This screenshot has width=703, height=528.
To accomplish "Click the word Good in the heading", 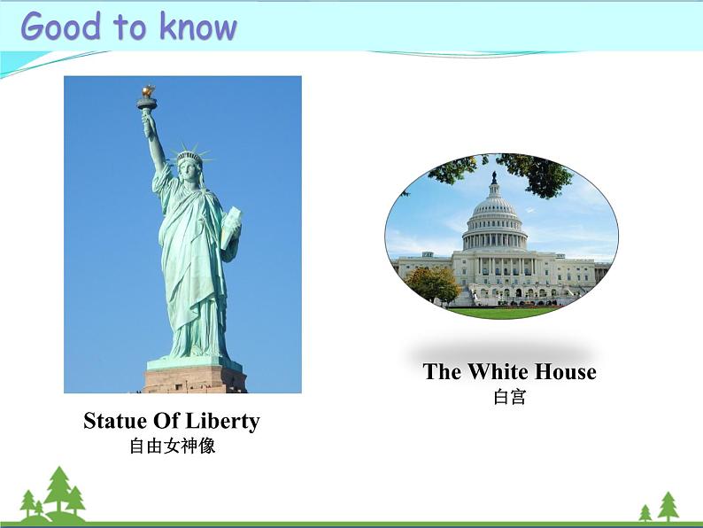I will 60,27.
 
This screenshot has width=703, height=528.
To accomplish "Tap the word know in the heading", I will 198,27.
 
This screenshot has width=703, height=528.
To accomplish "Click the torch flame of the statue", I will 148,91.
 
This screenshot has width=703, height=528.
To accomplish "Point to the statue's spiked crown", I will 189,155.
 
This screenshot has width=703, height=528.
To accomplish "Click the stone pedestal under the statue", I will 195,379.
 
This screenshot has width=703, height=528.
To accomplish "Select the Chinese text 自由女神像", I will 173,446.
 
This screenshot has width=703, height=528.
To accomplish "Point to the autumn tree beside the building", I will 433,283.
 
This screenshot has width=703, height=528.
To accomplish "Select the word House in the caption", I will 564,371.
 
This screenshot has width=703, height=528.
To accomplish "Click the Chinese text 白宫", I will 510,397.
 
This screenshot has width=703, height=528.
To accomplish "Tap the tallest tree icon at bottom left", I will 58,490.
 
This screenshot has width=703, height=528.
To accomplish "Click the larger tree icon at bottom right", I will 668,506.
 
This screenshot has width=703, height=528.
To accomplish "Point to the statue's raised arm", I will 154,142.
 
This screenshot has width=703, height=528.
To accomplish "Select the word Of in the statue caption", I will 168,421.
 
